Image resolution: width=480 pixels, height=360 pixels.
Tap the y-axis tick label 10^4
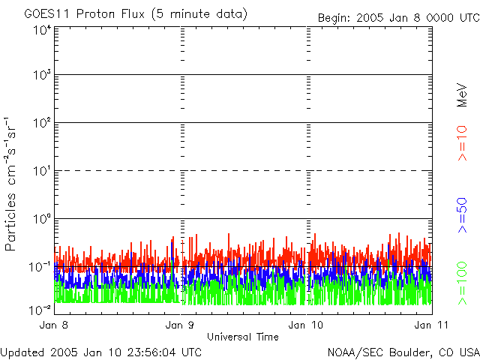click(x=42, y=30)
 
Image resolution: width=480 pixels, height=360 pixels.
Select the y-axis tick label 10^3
click(x=42, y=75)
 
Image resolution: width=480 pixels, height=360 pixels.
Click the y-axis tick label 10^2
click(x=42, y=123)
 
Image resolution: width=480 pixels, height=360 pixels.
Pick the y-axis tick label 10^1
click(x=42, y=171)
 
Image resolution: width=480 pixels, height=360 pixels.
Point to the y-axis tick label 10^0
click(x=42, y=219)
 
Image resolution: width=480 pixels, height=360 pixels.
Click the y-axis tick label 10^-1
click(x=41, y=266)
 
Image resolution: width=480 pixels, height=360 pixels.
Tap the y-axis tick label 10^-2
click(x=41, y=308)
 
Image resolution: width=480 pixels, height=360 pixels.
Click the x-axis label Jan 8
click(x=54, y=325)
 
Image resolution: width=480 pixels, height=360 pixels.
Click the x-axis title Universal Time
click(x=243, y=337)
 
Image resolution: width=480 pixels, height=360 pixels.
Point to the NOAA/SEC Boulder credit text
click(x=403, y=352)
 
